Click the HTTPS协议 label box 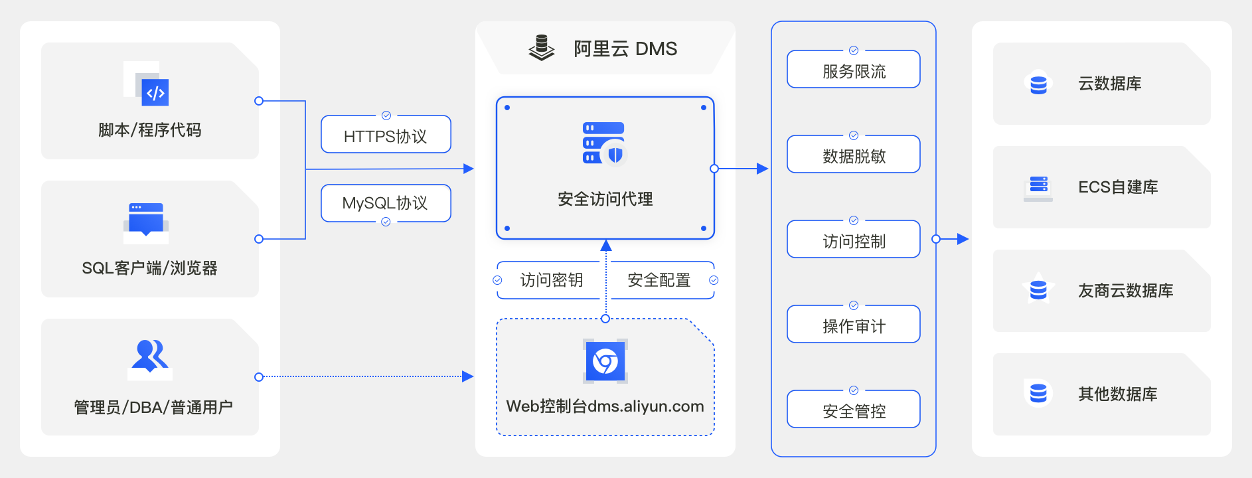(x=386, y=135)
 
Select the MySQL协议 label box (x=386, y=202)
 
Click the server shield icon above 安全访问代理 (x=604, y=143)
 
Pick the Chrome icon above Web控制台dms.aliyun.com (x=605, y=362)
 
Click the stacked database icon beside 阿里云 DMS (x=542, y=48)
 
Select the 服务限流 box (x=853, y=70)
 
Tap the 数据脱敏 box (x=853, y=155)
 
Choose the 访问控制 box (x=853, y=240)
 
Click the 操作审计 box (x=853, y=325)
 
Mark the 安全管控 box (x=853, y=410)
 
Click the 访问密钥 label (x=551, y=280)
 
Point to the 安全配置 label (x=659, y=280)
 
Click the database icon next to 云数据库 (x=1038, y=84)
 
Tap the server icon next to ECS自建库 (x=1038, y=187)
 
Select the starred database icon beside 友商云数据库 (x=1038, y=289)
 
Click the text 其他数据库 (x=1117, y=394)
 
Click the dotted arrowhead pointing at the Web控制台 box (x=468, y=376)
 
